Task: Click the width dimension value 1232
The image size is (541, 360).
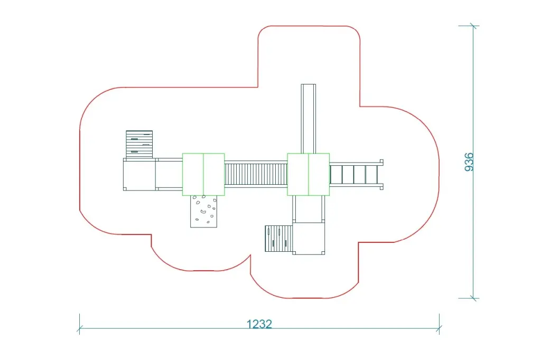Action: pyautogui.click(x=259, y=324)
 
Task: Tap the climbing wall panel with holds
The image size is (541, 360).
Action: pyautogui.click(x=204, y=211)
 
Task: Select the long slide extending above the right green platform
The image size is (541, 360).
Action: pyautogui.click(x=308, y=118)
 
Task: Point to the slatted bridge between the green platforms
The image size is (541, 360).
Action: pyautogui.click(x=256, y=174)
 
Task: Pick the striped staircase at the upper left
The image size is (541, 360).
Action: pyautogui.click(x=139, y=144)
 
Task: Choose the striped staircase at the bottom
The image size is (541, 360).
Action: pyautogui.click(x=278, y=239)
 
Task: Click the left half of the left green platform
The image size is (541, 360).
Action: pyautogui.click(x=193, y=174)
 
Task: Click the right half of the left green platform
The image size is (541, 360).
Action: pyautogui.click(x=214, y=174)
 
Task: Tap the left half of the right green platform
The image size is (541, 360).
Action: pyautogui.click(x=298, y=174)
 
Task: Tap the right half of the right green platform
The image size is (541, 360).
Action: pyautogui.click(x=319, y=174)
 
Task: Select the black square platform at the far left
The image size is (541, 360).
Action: pyautogui.click(x=139, y=175)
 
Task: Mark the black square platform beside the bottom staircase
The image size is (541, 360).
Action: pyautogui.click(x=309, y=238)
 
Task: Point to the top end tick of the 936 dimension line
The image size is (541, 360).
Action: pyautogui.click(x=473, y=26)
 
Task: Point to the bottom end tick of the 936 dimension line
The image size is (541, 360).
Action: pyautogui.click(x=473, y=298)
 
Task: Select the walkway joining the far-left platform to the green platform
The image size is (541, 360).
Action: pyautogui.click(x=169, y=174)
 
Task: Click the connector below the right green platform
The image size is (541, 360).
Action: pyautogui.click(x=309, y=209)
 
